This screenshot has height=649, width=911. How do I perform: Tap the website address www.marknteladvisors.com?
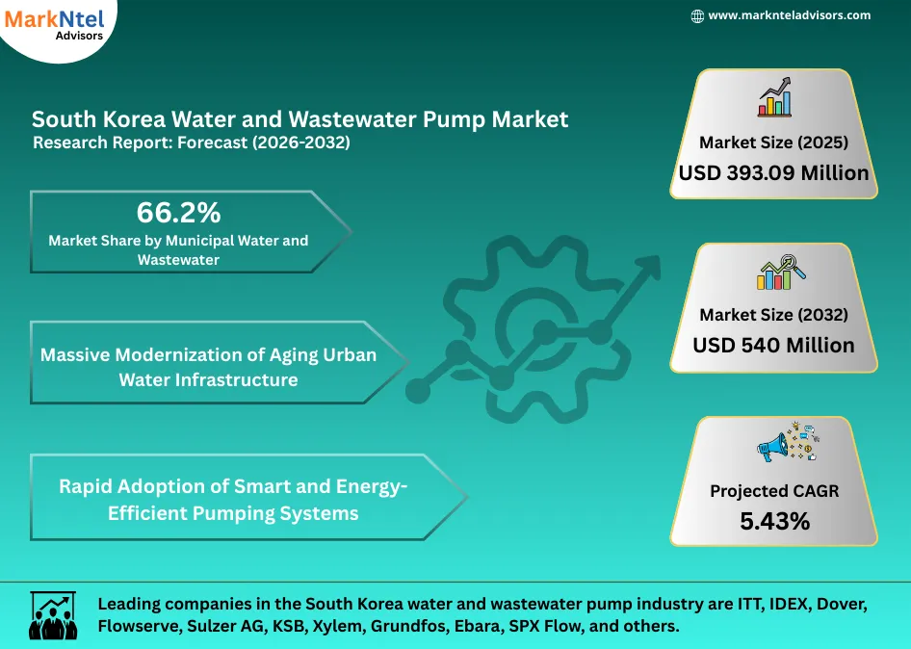(x=789, y=15)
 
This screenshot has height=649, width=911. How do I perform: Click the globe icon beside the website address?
(x=698, y=15)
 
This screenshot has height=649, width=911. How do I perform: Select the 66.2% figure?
(x=178, y=212)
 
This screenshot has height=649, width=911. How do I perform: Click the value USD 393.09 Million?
(x=773, y=173)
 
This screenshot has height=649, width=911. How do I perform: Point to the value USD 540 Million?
(x=773, y=345)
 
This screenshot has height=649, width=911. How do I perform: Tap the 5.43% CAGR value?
(x=774, y=521)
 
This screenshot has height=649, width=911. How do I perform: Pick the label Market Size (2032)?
(x=773, y=315)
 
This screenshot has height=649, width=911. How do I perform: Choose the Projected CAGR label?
(x=774, y=491)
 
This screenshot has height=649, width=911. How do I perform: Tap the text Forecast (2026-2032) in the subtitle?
(x=278, y=143)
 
